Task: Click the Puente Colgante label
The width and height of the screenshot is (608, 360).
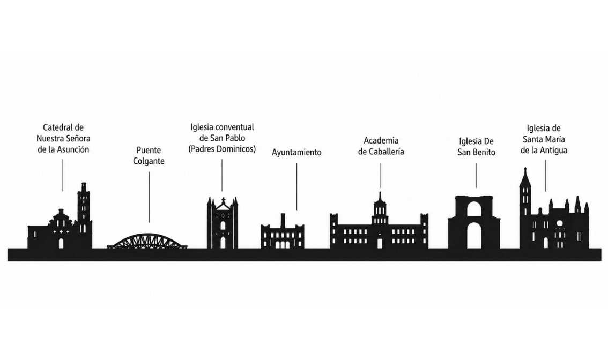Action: coord(149,155)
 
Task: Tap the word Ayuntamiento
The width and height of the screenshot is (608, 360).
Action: coord(296,152)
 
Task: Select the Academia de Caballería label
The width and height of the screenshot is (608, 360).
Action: coord(381,146)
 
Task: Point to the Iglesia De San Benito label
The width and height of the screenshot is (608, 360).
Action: coord(476,147)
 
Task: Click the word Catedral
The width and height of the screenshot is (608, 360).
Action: coord(58,127)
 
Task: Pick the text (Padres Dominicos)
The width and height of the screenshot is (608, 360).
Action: coord(222,149)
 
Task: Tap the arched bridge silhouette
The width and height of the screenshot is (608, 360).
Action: coord(147,241)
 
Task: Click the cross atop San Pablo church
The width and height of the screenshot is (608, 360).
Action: coord(224,201)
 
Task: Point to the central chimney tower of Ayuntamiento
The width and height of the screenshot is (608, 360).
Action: coord(283,221)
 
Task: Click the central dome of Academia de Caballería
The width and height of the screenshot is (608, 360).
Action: coord(380,209)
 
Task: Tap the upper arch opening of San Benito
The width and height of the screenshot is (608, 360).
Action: coord(474,209)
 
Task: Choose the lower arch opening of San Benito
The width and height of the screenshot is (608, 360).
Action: coord(474,236)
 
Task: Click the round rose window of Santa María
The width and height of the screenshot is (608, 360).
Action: coord(560,223)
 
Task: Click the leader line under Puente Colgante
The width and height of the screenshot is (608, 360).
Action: coord(149,197)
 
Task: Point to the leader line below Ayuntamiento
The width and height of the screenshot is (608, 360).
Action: coord(297,187)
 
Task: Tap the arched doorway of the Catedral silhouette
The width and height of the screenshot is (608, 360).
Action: coord(61,243)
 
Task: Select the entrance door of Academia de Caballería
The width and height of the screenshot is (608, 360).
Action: coord(380,243)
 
